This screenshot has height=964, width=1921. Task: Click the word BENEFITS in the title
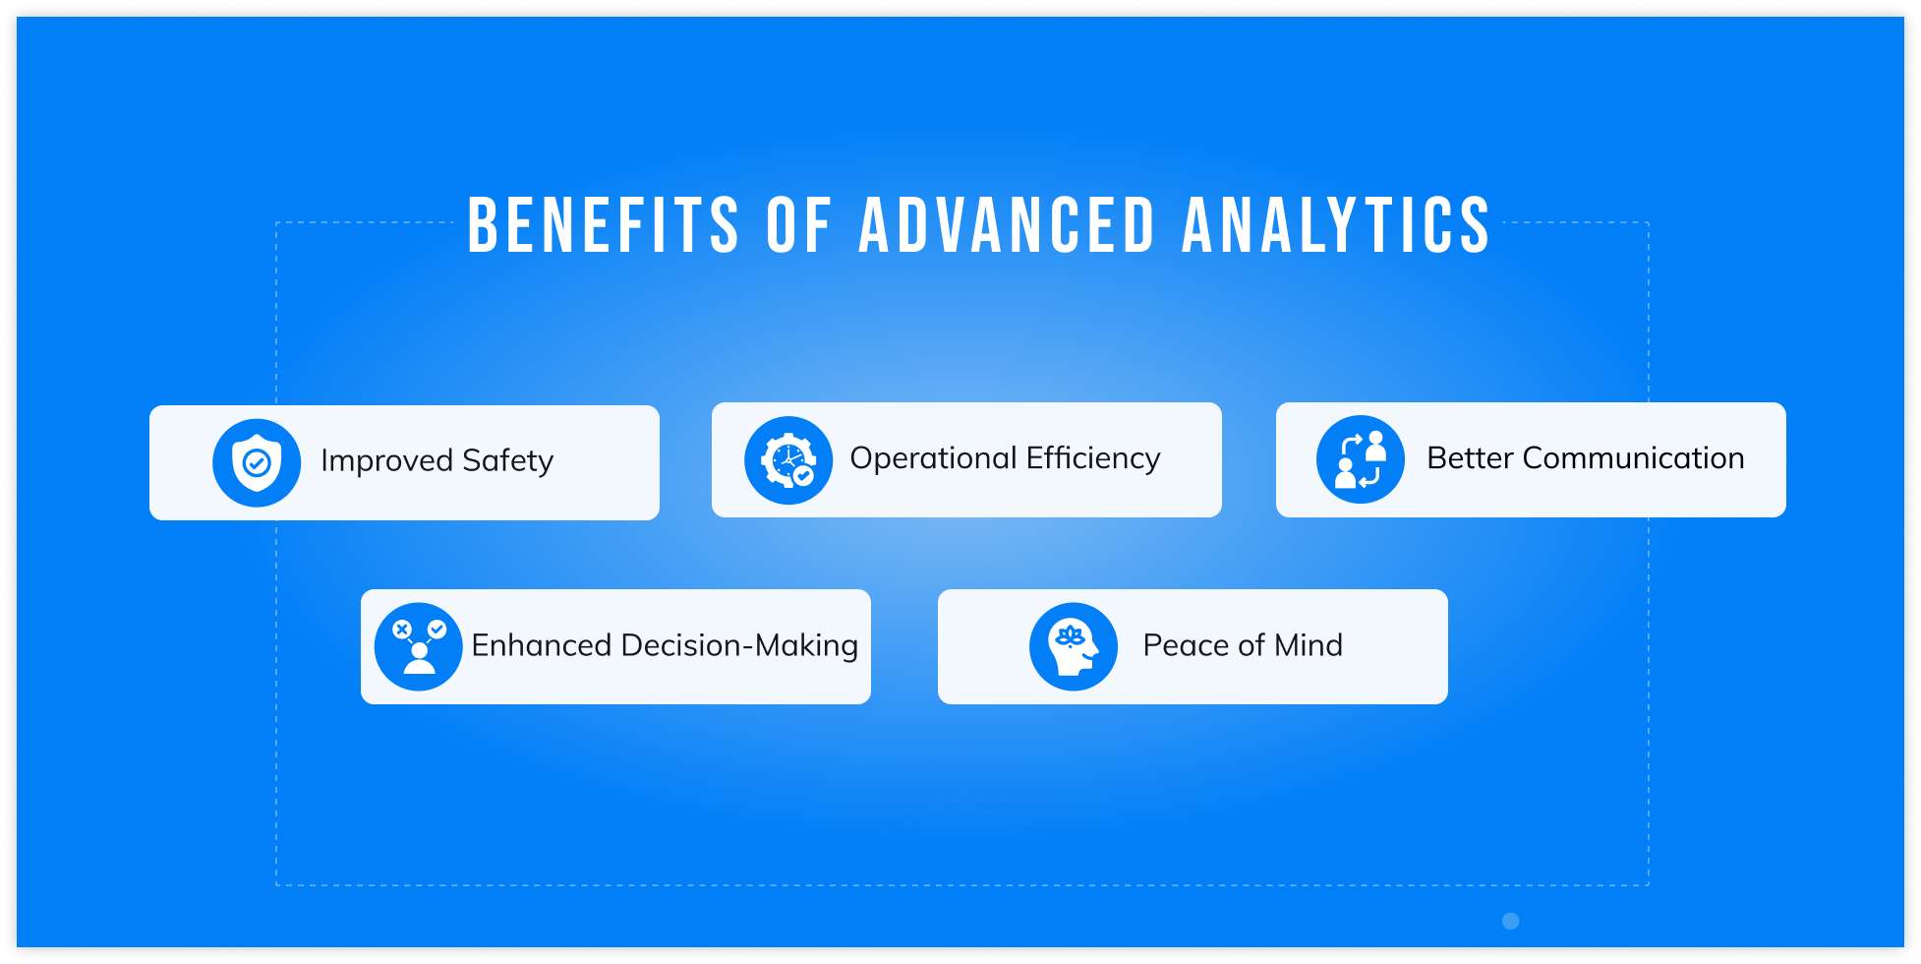(x=603, y=225)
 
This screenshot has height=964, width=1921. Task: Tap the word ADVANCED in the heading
(x=1007, y=225)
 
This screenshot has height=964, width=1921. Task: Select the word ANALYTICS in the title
(x=1336, y=225)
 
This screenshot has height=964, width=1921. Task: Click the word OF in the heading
(x=798, y=225)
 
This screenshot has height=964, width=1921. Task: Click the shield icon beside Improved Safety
(x=257, y=462)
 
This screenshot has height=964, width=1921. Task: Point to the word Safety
(x=508, y=461)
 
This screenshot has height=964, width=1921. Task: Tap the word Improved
(x=386, y=461)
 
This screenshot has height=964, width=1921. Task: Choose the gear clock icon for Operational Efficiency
(x=788, y=460)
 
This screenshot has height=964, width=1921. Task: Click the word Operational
(x=933, y=458)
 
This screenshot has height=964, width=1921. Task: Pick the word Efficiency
(x=1093, y=458)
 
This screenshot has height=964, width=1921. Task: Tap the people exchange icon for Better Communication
(x=1361, y=459)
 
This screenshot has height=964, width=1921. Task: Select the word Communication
(x=1633, y=457)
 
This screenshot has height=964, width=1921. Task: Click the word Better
(x=1470, y=457)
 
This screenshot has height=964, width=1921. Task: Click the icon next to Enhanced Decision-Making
(x=419, y=646)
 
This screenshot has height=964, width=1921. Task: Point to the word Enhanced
(x=542, y=645)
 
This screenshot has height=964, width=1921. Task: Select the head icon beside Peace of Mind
(x=1074, y=646)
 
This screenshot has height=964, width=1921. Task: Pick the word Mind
(x=1309, y=645)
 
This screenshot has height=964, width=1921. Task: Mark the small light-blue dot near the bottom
(x=1511, y=921)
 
